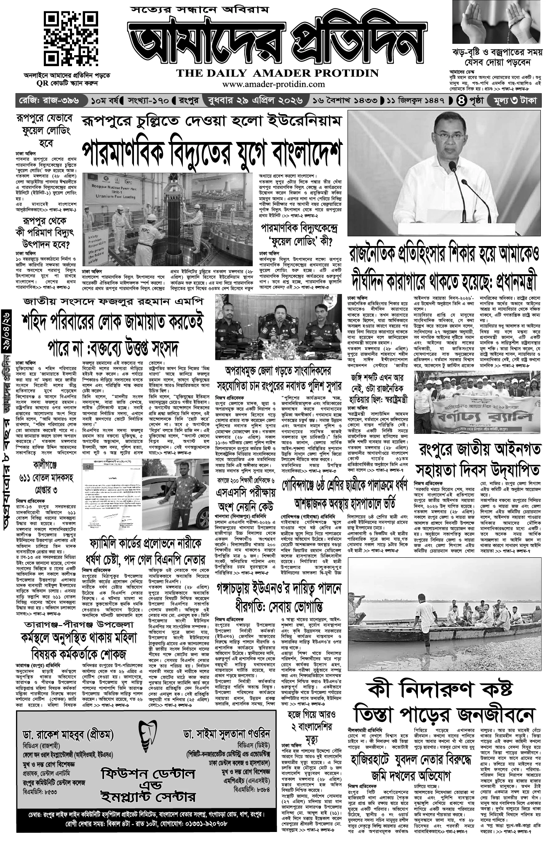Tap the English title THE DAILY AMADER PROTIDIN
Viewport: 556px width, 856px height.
pos(278,73)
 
